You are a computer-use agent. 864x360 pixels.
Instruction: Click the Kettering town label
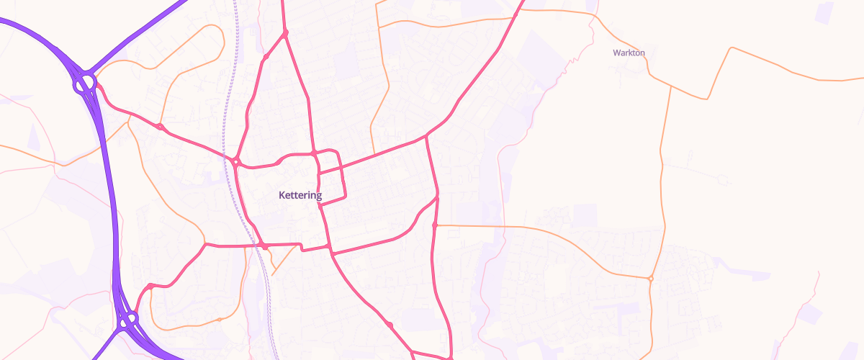coord(300,195)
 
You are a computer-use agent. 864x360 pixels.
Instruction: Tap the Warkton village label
coord(629,53)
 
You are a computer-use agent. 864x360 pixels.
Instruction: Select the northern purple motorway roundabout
coord(85,83)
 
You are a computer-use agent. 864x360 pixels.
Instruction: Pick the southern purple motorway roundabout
coord(129,319)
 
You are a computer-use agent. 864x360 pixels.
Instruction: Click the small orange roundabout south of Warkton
coord(650,279)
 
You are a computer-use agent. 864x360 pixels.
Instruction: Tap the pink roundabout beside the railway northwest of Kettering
coord(236,163)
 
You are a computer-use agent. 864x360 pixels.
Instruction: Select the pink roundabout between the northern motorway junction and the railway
coord(160,127)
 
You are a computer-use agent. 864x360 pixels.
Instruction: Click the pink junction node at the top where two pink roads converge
coord(285,33)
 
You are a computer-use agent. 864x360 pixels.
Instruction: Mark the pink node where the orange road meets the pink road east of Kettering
coord(435,225)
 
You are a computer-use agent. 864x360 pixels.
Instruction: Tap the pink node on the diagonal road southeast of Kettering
coord(390,325)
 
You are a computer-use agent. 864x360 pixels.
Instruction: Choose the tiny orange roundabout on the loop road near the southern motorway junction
coord(219,320)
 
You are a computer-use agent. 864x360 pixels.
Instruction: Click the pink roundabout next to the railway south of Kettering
coord(265,247)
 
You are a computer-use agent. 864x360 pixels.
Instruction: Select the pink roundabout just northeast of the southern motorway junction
coord(150,287)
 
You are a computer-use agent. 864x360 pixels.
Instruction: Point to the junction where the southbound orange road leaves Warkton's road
coord(671,86)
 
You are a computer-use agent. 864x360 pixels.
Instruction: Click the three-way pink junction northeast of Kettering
coord(426,135)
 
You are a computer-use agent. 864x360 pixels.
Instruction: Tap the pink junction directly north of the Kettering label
coord(315,153)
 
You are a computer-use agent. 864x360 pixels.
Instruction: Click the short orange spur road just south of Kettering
coord(282,266)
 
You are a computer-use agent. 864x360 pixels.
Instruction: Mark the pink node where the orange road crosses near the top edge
coord(516,13)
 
